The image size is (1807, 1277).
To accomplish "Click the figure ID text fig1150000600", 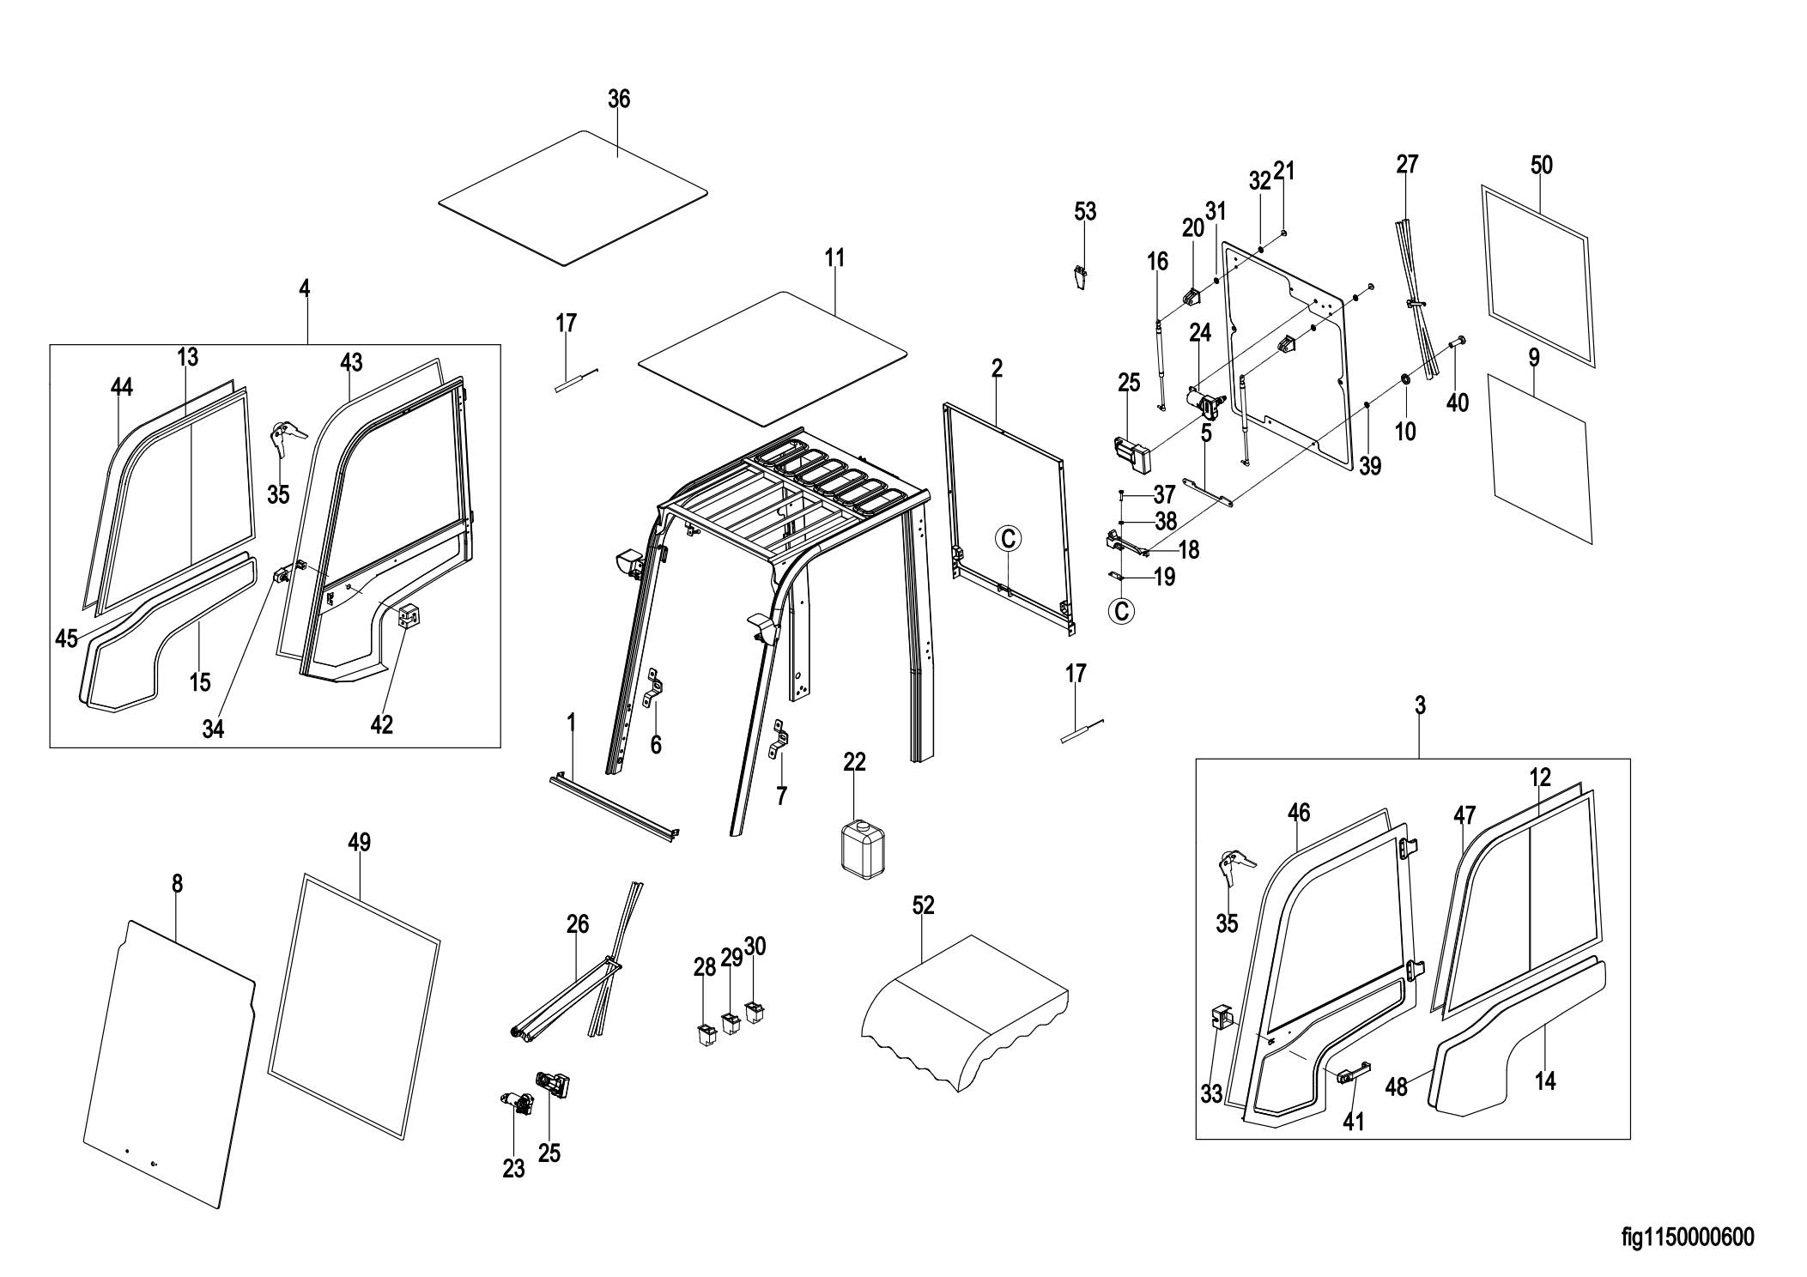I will [x=1688, y=1237].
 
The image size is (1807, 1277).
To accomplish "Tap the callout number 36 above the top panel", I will [x=618, y=100].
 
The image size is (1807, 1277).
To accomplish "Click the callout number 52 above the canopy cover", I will [x=923, y=905].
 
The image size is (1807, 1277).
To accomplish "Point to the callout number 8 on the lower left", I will [x=177, y=884].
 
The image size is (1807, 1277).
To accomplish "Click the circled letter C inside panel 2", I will [x=1009, y=539].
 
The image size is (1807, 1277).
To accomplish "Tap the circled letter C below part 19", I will [x=1121, y=610].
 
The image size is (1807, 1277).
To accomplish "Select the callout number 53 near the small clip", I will [x=1085, y=211].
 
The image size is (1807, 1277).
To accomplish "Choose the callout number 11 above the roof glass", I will [x=834, y=257].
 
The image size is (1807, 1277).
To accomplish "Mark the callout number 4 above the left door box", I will [x=304, y=288].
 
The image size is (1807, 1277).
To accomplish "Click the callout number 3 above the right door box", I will [x=1420, y=705].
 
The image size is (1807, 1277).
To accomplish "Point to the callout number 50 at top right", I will [x=1541, y=165].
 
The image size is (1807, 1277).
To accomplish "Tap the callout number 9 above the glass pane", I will [x=1533, y=357].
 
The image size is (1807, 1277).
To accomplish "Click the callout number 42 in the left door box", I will [x=381, y=724].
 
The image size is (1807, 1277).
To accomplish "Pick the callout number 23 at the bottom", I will [x=513, y=1169].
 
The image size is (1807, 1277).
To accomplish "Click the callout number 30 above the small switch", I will [x=755, y=946].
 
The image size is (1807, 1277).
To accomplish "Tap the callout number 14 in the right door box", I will [x=1544, y=1081].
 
